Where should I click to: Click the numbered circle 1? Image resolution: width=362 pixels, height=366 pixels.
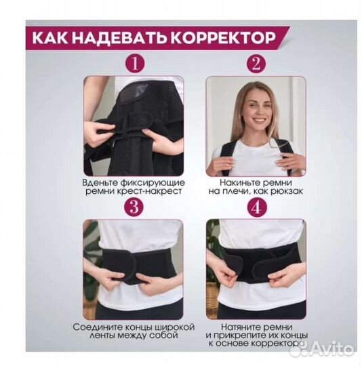point(136,64)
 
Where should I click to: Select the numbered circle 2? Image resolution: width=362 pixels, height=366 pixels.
point(256,64)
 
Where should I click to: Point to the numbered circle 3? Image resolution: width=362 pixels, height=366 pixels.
point(136,205)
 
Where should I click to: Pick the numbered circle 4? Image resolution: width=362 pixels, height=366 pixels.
point(256,205)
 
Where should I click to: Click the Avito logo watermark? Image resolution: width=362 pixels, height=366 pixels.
point(332,348)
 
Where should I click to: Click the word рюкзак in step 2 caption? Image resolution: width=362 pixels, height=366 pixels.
point(281,192)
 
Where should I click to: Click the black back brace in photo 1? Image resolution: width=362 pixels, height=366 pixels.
point(136,136)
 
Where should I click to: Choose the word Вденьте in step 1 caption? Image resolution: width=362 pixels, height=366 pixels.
point(102,182)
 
